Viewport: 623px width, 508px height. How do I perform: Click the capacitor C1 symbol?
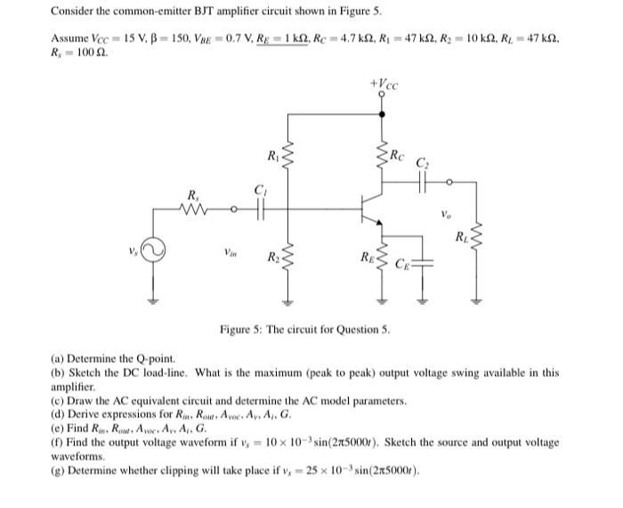coord(261,212)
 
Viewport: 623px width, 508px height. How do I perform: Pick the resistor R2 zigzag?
coord(287,258)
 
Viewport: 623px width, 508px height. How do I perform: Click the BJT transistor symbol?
coord(373,211)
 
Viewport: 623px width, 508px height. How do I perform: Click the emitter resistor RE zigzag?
coord(384,258)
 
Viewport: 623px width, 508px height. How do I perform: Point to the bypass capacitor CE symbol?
coord(424,262)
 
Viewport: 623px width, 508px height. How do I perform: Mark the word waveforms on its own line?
coord(77,455)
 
